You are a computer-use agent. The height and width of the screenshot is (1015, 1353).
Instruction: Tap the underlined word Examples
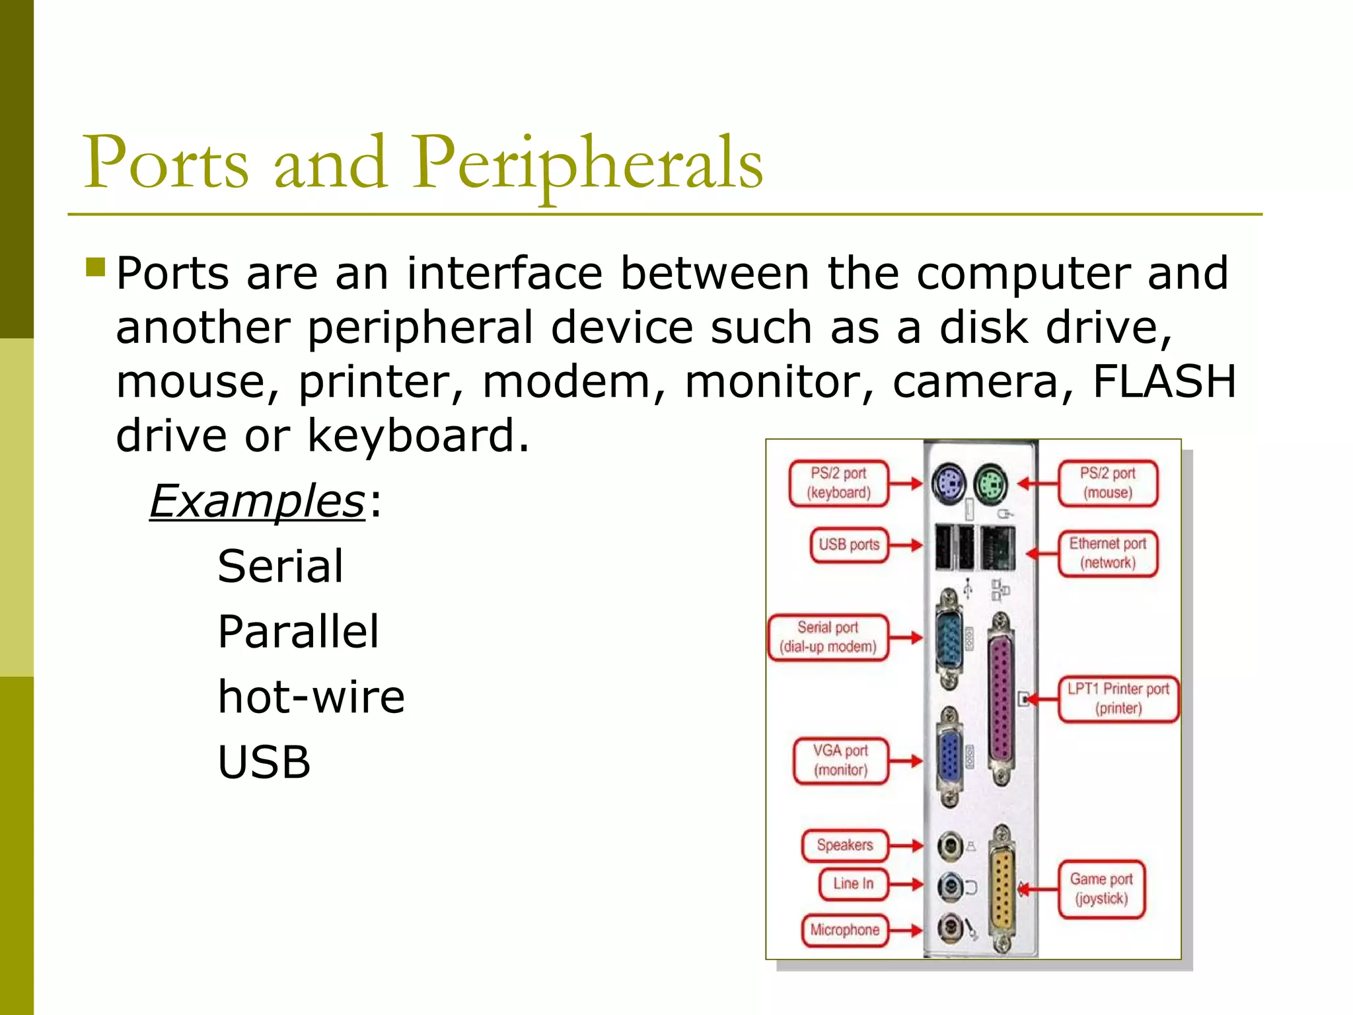pyautogui.click(x=257, y=501)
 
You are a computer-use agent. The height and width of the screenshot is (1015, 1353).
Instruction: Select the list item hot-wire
pyautogui.click(x=311, y=696)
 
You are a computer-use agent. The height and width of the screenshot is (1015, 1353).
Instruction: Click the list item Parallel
pyautogui.click(x=299, y=632)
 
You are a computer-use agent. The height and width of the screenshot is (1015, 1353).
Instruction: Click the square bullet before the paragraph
pyautogui.click(x=95, y=267)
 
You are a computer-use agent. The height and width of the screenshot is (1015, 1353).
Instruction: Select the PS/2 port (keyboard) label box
pyautogui.click(x=838, y=484)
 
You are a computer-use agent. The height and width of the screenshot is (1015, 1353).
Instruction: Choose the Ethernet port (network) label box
pyautogui.click(x=1108, y=554)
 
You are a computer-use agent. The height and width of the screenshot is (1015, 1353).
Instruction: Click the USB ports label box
pyautogui.click(x=849, y=545)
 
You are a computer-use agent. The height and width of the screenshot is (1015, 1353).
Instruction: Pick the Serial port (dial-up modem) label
pyautogui.click(x=828, y=638)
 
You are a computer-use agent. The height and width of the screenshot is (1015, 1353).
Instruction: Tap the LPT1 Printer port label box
pyautogui.click(x=1118, y=699)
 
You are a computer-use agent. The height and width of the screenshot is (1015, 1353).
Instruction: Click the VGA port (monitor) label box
pyautogui.click(x=840, y=761)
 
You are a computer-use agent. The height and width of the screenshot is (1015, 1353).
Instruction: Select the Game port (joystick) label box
pyautogui.click(x=1101, y=889)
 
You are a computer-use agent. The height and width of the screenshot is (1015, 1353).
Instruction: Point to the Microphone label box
pyautogui.click(x=844, y=930)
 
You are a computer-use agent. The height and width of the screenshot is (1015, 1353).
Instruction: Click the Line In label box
pyautogui.click(x=853, y=884)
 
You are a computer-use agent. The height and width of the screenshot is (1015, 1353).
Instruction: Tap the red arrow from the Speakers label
pyautogui.click(x=906, y=845)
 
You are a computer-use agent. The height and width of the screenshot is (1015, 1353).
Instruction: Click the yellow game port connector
pyautogui.click(x=1002, y=889)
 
